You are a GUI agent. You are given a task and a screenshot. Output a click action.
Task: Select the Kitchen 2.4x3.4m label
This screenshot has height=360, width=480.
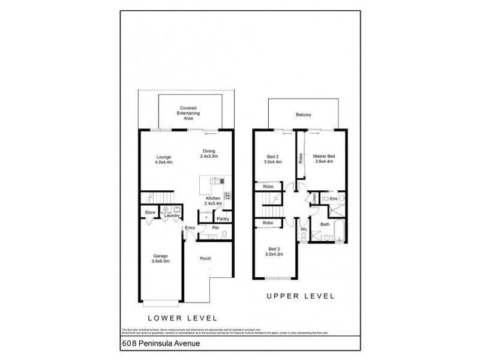click(x=214, y=201)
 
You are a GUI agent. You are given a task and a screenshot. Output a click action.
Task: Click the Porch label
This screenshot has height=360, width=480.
click(x=206, y=259)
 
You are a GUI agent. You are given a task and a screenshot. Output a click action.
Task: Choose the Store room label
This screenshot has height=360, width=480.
click(x=149, y=212)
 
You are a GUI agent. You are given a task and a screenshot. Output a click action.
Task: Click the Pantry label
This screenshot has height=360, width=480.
click(x=214, y=219)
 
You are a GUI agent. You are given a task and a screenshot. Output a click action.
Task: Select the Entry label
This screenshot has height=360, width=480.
click(x=190, y=227)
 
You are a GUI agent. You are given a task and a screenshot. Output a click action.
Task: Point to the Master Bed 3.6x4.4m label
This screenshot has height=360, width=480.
click(x=324, y=159)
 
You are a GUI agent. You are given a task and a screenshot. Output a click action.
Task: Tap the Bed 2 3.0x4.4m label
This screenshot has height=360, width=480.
click(x=273, y=159)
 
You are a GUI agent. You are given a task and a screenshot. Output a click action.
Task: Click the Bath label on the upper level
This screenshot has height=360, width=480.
click(x=325, y=225)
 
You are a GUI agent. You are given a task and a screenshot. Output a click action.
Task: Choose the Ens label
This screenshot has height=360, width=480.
click(x=334, y=198)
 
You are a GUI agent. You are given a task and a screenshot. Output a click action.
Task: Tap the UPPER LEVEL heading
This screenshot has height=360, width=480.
click(x=299, y=296)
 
